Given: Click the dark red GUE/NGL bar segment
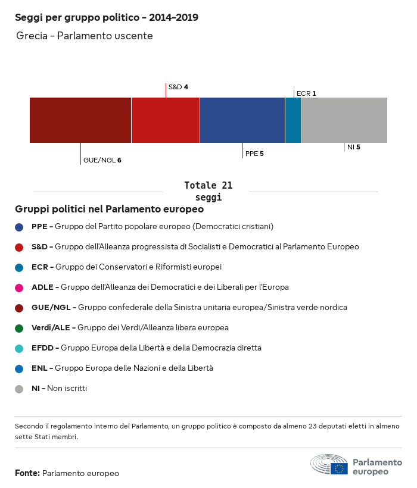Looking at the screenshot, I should click(80, 120).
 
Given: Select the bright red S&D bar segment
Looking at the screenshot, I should click(166, 120).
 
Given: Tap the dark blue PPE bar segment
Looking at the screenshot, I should click(242, 120).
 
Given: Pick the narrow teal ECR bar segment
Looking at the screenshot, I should click(293, 120).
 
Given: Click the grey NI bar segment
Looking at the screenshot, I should click(344, 120).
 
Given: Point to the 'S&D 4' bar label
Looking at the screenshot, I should click(178, 87).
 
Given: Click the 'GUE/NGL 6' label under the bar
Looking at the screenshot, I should click(102, 160).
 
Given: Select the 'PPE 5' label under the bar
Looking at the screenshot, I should click(254, 154).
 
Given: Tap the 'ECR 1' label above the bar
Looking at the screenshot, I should click(306, 93).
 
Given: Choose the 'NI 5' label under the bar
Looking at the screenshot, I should click(354, 147).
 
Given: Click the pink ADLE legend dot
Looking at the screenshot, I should click(19, 287).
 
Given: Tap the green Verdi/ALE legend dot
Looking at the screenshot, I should click(19, 328).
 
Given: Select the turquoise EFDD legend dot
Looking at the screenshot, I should click(19, 348).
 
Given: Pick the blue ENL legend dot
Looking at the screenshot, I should click(19, 368).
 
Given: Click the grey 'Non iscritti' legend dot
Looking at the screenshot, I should click(19, 389).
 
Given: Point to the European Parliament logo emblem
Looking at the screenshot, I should click(329, 464).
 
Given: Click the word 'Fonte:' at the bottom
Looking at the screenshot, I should click(27, 474).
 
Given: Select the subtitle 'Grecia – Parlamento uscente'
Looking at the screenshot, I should click(85, 36).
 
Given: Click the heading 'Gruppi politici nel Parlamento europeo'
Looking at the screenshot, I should click(110, 209).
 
